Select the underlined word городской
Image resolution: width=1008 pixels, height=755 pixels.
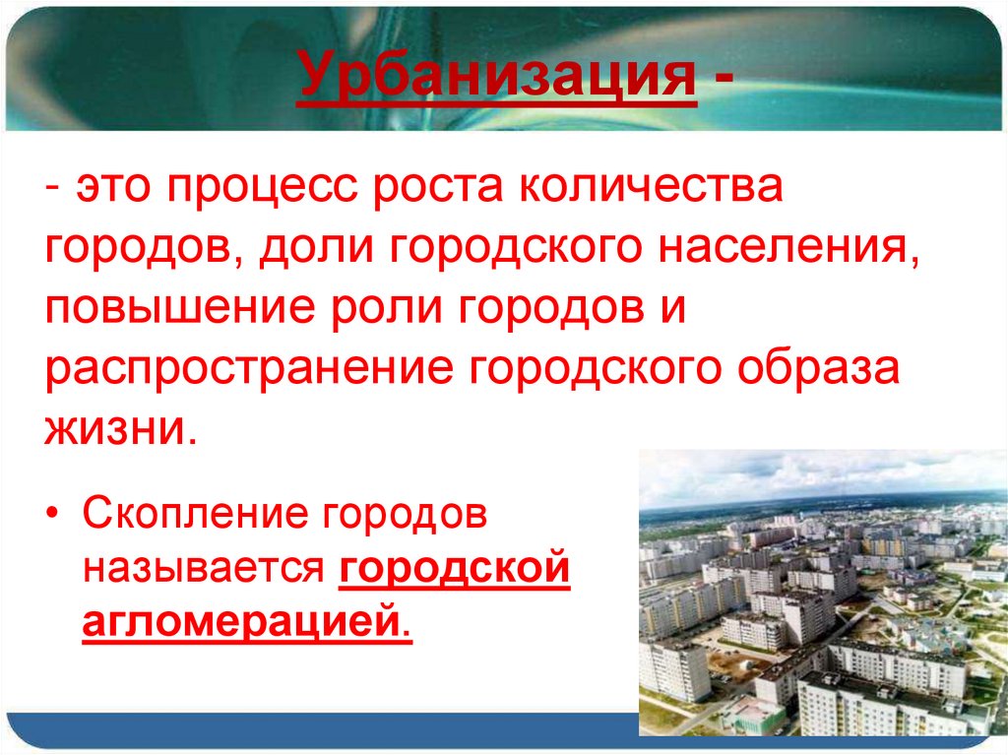tap(455, 571)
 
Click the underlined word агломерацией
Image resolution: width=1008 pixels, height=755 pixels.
tap(246, 624)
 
